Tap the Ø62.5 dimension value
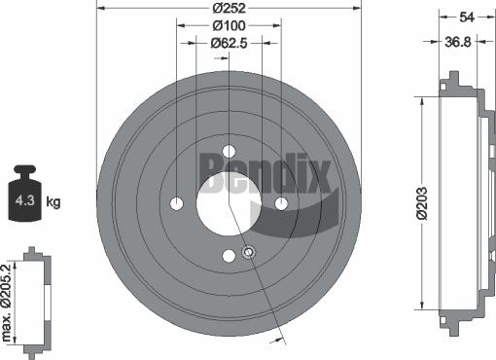(230, 43)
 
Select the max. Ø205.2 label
(10, 303)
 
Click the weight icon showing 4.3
(26, 198)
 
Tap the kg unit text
(53, 202)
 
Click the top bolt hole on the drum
(230, 151)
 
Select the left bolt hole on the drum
(177, 203)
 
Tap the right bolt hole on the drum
(281, 203)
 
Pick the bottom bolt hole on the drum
(230, 256)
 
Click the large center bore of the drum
(229, 203)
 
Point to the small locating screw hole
(248, 253)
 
